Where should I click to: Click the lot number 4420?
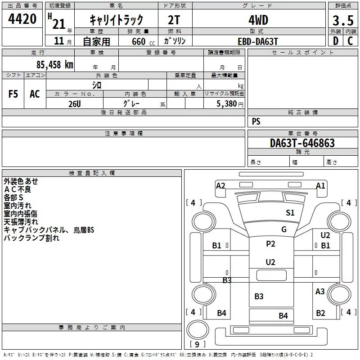(22, 19)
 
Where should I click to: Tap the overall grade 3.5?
(343, 21)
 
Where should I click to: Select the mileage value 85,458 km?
(55, 64)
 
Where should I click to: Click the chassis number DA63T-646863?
(302, 143)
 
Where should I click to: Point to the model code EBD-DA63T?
(258, 41)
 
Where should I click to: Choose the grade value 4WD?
(258, 20)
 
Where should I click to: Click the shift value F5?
(13, 94)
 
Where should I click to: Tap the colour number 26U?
(75, 104)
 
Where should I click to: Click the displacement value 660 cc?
(143, 41)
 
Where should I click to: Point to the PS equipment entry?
(256, 121)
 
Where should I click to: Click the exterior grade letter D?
(336, 41)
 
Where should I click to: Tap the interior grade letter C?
(350, 41)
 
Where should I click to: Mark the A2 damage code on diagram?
(220, 185)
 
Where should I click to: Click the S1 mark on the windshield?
(290, 212)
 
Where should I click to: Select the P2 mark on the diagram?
(270, 243)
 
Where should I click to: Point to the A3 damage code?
(320, 291)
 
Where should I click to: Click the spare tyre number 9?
(197, 344)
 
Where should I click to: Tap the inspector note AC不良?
(18, 189)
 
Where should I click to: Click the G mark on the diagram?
(284, 229)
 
